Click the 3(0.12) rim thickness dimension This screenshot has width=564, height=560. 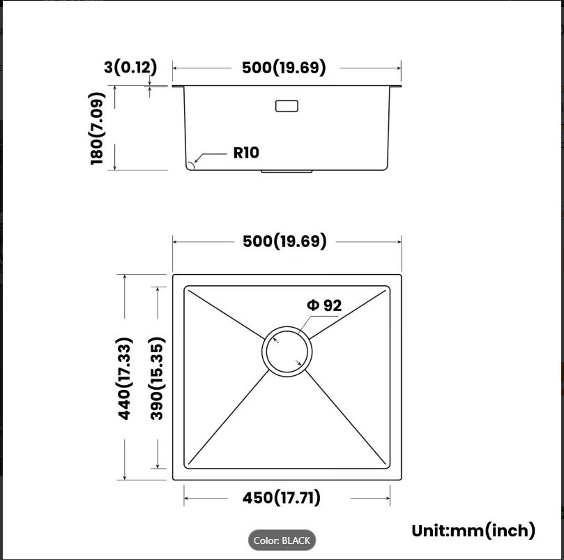click(x=130, y=67)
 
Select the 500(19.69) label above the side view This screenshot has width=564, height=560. click(x=284, y=68)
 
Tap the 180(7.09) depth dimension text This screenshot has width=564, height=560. click(x=97, y=128)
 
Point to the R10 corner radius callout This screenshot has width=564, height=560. click(x=246, y=153)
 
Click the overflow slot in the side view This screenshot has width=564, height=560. click(x=287, y=106)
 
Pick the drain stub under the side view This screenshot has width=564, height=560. click(x=287, y=172)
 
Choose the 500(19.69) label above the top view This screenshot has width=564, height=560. click(x=284, y=241)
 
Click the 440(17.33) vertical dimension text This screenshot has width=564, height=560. click(x=125, y=378)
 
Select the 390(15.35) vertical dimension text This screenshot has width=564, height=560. click(x=158, y=378)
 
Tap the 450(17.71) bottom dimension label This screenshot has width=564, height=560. click(x=281, y=498)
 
